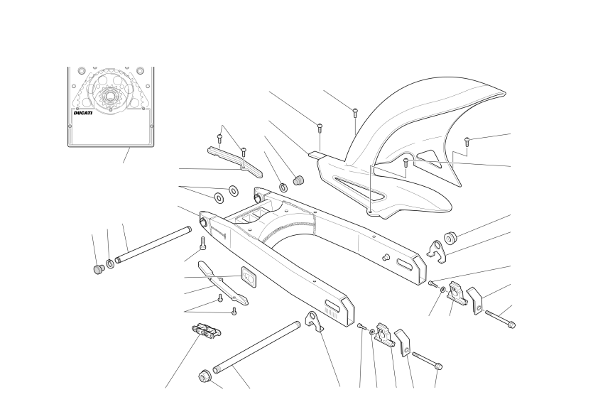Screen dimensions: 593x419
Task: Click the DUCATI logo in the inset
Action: pos(83,113)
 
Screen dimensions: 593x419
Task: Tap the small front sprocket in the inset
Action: pos(109,97)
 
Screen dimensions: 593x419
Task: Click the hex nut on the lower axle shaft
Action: pos(205,376)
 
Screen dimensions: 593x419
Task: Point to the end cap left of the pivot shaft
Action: pos(99,269)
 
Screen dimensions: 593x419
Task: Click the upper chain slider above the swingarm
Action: pos(235,162)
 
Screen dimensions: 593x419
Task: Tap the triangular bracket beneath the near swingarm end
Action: pos(315,321)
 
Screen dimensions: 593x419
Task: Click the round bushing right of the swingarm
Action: pos(450,236)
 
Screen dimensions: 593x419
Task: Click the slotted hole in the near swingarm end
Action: pos(333,305)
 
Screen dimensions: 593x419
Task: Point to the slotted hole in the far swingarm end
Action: pos(405,263)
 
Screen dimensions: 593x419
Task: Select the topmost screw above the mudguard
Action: pos(355,113)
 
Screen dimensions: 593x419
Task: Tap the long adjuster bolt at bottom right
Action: pos(427,361)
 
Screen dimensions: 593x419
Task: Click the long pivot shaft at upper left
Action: pos(153,244)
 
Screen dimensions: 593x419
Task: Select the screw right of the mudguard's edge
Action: pos(467,141)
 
